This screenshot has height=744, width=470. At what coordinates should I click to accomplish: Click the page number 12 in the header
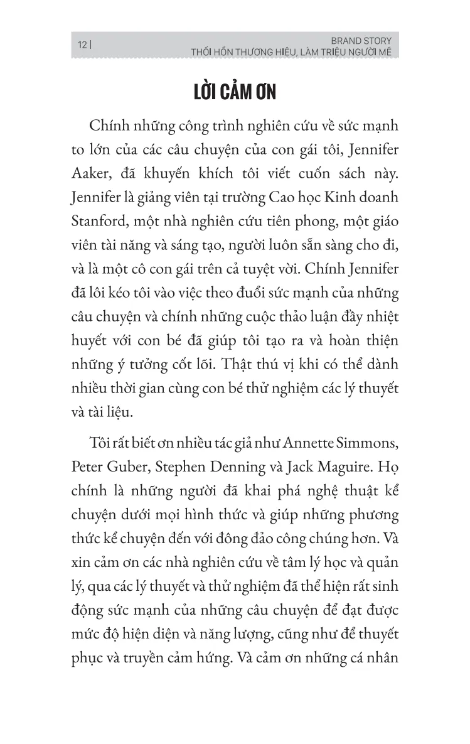click(x=81, y=45)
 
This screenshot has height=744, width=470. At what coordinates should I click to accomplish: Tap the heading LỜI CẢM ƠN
click(x=235, y=93)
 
